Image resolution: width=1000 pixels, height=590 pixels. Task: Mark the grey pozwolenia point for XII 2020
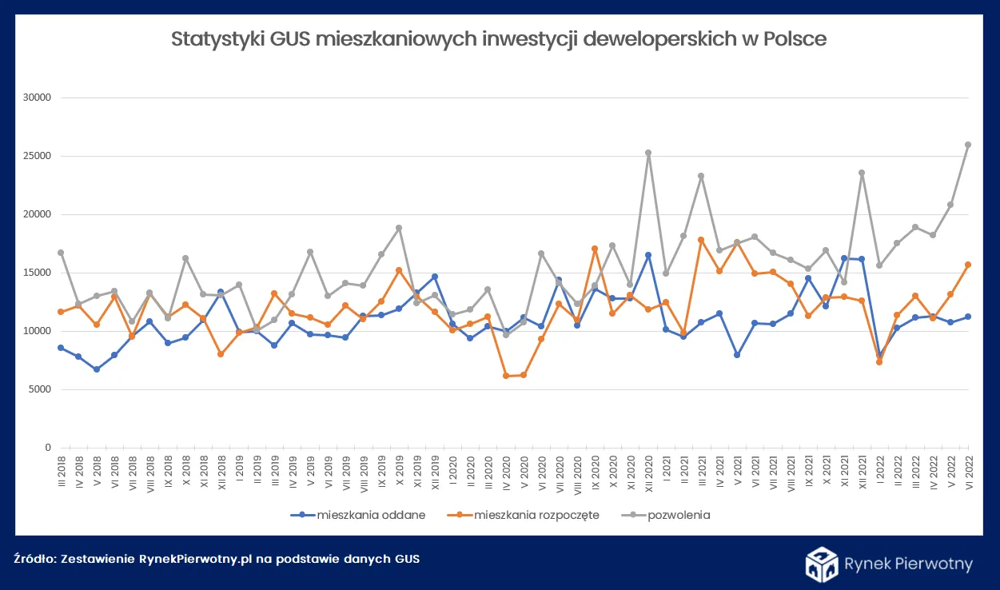coord(648,153)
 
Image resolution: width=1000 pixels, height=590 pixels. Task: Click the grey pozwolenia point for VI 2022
coord(969,145)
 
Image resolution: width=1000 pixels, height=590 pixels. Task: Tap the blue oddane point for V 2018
coord(97,369)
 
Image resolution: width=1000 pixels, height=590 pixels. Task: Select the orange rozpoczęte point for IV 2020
coord(506,376)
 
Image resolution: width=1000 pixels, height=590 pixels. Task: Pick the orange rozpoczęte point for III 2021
coord(701,240)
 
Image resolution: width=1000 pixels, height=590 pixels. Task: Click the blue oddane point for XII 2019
coord(435,277)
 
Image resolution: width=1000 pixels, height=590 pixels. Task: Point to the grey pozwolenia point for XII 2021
coord(862,173)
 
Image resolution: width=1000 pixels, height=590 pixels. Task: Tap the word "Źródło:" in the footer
coord(34,559)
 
